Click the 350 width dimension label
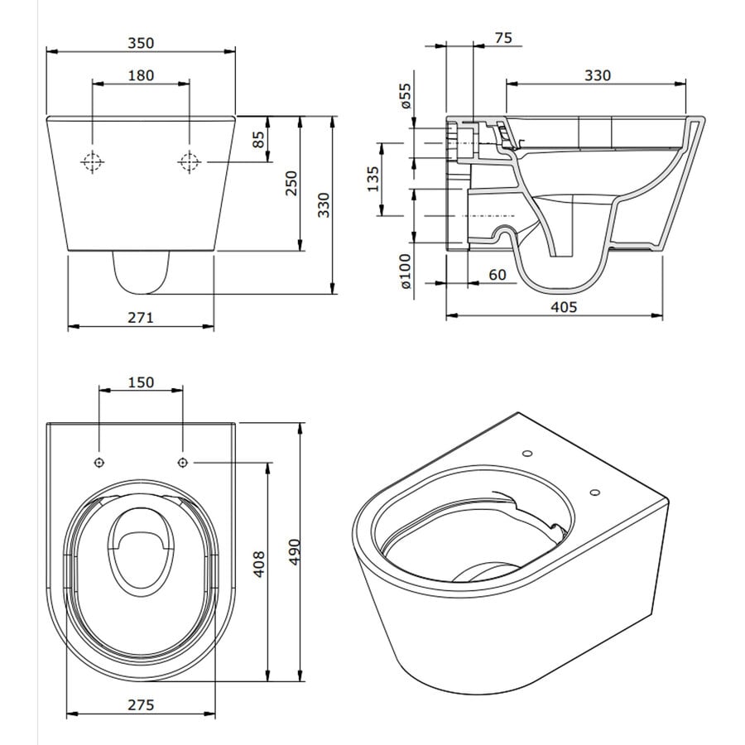pyautogui.click(x=141, y=42)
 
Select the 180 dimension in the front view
pyautogui.click(x=141, y=75)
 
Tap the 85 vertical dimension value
pyautogui.click(x=259, y=139)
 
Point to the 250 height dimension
pyautogui.click(x=291, y=183)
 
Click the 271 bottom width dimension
pyautogui.click(x=140, y=317)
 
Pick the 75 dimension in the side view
pyautogui.click(x=502, y=37)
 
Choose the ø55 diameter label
pyautogui.click(x=406, y=96)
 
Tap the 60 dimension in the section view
pyautogui.click(x=497, y=274)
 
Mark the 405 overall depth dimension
pyautogui.click(x=562, y=307)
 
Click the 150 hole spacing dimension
pyautogui.click(x=141, y=382)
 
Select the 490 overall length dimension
pyautogui.click(x=291, y=550)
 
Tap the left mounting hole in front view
pyautogui.click(x=92, y=161)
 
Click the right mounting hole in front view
pyautogui.click(x=190, y=161)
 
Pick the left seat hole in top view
pyautogui.click(x=99, y=461)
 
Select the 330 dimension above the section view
pyautogui.click(x=596, y=75)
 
